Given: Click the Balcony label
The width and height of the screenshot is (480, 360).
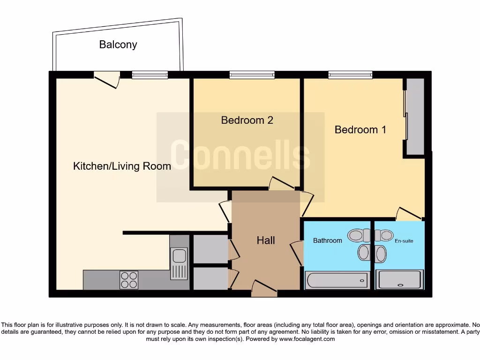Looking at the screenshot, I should [x=118, y=45].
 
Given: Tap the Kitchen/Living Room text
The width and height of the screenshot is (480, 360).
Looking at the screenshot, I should [x=122, y=166].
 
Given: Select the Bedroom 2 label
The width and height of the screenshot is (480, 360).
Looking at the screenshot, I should [x=247, y=120].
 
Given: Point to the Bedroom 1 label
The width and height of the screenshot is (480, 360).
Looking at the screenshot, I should [x=360, y=130].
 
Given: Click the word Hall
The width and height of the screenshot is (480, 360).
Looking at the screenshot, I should [x=266, y=240].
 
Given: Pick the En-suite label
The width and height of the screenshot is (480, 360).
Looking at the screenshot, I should [x=404, y=241].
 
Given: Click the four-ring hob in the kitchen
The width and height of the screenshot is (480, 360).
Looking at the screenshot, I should [x=129, y=279].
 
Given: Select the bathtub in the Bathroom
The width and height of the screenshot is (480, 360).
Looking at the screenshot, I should [x=336, y=280].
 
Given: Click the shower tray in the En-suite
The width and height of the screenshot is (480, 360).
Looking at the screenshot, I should [x=400, y=280].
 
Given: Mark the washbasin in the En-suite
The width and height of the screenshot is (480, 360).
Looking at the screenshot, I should [x=380, y=254].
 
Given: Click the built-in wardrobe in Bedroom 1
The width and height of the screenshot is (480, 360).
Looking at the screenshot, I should [x=415, y=116].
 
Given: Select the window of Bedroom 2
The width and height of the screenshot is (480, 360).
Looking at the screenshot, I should [x=252, y=75].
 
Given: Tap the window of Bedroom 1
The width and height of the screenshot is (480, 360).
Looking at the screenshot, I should [x=350, y=75].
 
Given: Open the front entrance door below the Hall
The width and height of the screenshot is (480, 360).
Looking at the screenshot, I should [x=264, y=288].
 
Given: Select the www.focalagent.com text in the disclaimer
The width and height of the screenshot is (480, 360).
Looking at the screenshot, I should [x=307, y=339].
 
